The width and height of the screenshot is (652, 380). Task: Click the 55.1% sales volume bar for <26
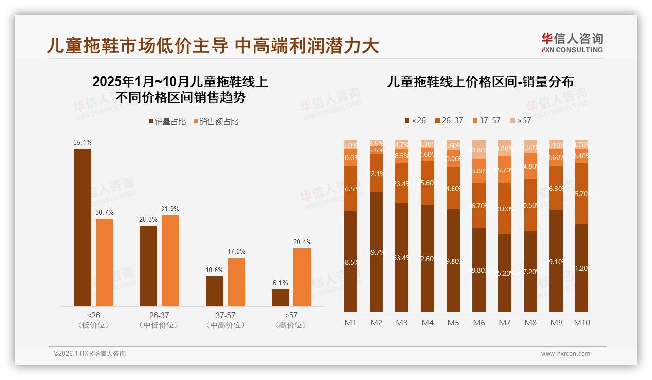coord(83,227)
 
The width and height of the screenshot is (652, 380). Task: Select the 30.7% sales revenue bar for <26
coord(105,262)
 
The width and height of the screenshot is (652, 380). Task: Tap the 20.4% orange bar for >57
coord(302,277)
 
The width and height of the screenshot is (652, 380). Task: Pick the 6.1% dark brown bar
coord(280,298)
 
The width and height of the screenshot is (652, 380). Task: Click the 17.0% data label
coord(236,251)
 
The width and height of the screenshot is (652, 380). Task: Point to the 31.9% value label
coord(170,209)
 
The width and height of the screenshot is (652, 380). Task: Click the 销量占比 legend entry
coord(167,122)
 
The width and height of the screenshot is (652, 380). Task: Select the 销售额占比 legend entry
coord(216,122)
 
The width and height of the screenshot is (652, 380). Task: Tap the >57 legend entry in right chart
coord(520,120)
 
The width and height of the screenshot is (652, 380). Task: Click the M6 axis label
coord(479,323)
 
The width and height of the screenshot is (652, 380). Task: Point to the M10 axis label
coord(581,323)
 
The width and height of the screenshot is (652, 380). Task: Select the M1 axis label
coord(350,323)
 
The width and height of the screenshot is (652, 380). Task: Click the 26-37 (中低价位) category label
coord(159,320)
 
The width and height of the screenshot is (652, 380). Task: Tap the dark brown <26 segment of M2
coord(376,252)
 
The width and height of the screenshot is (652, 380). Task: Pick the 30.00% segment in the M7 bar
coord(505,209)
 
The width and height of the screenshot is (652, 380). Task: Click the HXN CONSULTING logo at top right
coord(572,42)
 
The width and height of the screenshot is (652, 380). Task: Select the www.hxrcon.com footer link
coord(565,354)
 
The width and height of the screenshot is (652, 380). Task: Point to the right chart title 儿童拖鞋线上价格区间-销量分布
coord(480,82)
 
